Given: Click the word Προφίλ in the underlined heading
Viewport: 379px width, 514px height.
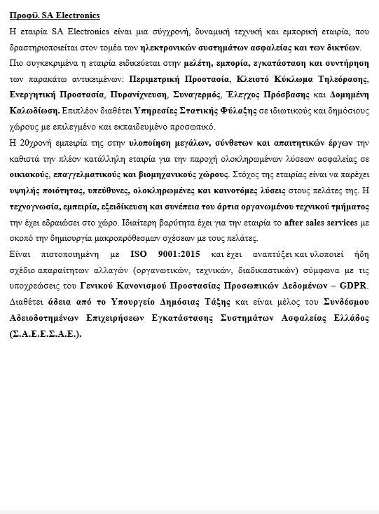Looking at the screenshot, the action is (21, 15).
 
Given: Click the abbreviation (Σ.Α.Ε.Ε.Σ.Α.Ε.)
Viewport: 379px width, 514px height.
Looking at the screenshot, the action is (47, 333).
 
